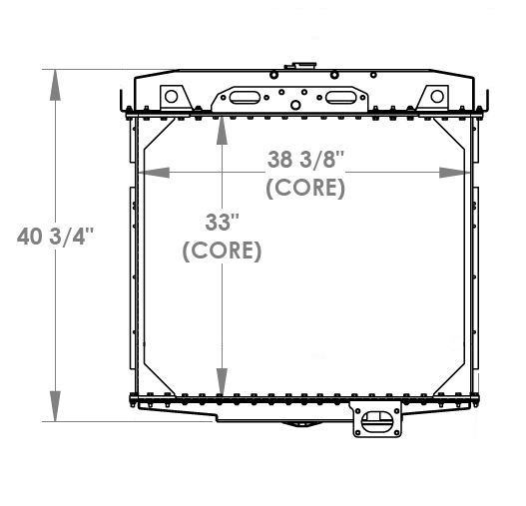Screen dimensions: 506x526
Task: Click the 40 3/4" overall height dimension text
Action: [x=55, y=237]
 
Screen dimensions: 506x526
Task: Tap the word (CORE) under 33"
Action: [x=222, y=252]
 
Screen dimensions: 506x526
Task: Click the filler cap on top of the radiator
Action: [x=296, y=67]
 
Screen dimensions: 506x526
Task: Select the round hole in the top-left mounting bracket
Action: [x=171, y=97]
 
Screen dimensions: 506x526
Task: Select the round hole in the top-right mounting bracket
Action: [x=436, y=97]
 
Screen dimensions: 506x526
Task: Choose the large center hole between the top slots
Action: [x=294, y=98]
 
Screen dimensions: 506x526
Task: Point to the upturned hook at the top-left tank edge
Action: [x=121, y=103]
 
